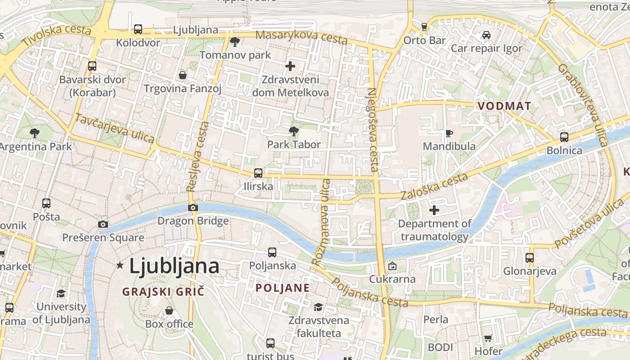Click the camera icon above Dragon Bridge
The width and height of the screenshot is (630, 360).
point(193,207)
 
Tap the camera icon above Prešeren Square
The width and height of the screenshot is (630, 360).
point(103,224)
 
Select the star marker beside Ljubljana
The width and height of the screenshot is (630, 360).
point(120,265)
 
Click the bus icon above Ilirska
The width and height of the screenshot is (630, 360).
point(258,173)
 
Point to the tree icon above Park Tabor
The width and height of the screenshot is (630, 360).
point(293,131)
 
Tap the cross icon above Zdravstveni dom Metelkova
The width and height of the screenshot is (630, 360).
point(290,66)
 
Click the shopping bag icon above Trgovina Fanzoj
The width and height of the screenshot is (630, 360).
point(183,75)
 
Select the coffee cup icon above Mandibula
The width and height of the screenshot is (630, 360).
point(449,133)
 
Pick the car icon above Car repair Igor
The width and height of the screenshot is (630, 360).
point(486,35)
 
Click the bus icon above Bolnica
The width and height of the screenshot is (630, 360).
point(564,137)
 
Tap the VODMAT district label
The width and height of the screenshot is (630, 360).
point(504,106)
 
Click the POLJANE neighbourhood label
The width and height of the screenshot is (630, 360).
point(283,288)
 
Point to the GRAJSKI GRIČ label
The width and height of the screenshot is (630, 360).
point(163,292)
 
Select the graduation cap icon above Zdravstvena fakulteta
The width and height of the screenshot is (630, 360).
point(319,307)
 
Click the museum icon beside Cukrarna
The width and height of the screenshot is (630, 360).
point(392,266)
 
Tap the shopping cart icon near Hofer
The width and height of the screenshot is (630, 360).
point(488,338)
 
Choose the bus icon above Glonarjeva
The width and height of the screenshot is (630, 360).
point(530,258)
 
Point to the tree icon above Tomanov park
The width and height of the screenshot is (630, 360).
point(234,42)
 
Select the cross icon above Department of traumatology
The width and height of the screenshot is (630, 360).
point(434,210)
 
